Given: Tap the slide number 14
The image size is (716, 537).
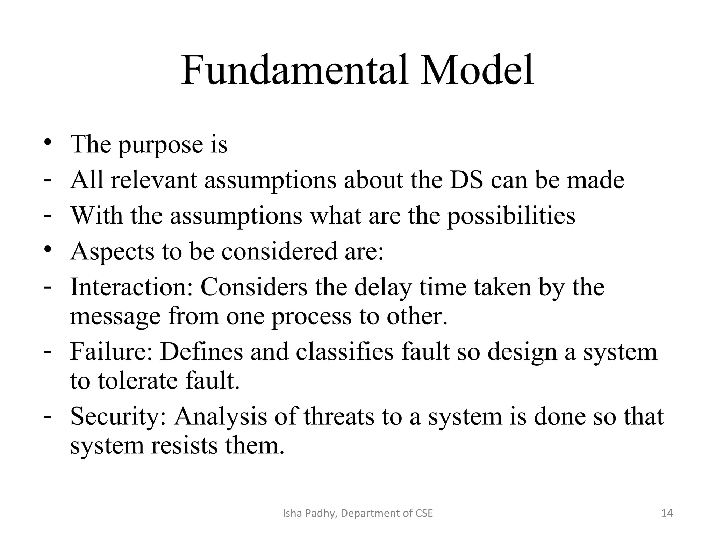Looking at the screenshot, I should [667, 513].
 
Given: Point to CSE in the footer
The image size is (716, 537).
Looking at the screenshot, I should [424, 513].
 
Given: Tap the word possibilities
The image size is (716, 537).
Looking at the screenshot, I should [511, 216].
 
